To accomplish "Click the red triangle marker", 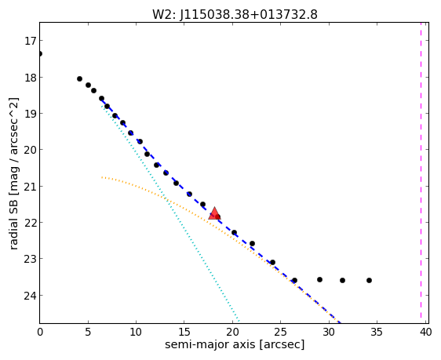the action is tap(214, 213).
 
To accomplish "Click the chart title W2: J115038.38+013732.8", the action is tap(235, 15).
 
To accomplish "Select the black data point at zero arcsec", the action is tap(40, 53).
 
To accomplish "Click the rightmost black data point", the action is tap(369, 280).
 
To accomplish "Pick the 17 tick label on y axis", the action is tap(31, 41).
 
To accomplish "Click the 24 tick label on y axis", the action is tap(30, 296).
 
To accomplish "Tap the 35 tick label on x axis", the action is tap(377, 333).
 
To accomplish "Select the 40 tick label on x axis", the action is tap(426, 333).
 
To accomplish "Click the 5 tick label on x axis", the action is tap(88, 333).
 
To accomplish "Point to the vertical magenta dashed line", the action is tap(421, 170).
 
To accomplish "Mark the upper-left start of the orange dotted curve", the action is tap(102, 177).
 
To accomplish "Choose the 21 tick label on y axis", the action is tap(30, 187).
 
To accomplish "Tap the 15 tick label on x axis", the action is tap(184, 333).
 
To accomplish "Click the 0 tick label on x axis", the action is tap(40, 333).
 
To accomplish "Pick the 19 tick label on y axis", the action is tap(30, 114).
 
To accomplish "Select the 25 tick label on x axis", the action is tap(280, 333).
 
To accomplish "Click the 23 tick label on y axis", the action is tap(30, 259).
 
